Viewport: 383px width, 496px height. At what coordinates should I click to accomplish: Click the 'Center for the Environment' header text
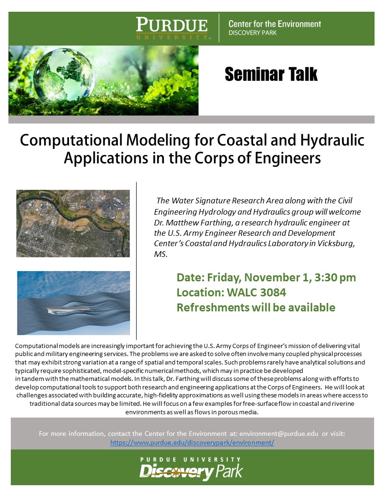coord(275,24)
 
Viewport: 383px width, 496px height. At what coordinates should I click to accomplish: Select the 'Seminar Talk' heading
coord(271,74)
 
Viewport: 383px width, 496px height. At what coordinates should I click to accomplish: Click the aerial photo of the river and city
coord(73,223)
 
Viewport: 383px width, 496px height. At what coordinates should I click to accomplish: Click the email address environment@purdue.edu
coord(279,434)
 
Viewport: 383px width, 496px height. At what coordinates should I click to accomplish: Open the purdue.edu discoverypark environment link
coord(192,442)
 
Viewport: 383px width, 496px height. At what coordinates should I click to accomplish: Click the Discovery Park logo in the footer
coord(191,468)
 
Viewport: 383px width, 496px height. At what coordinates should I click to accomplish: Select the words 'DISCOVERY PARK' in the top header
coord(253,33)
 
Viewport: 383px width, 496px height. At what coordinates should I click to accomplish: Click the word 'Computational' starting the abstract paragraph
coord(36,346)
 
